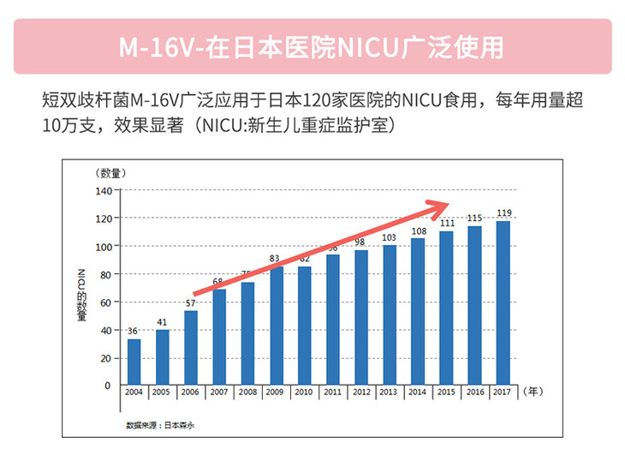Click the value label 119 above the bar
click(504, 213)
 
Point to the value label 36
click(133, 331)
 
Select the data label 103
click(390, 237)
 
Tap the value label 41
click(162, 322)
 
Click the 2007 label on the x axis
click(218, 392)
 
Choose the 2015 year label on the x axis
click(446, 392)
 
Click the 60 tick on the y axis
click(104, 302)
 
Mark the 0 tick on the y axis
click(107, 386)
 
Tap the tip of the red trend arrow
click(449, 203)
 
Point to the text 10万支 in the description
click(68, 125)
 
